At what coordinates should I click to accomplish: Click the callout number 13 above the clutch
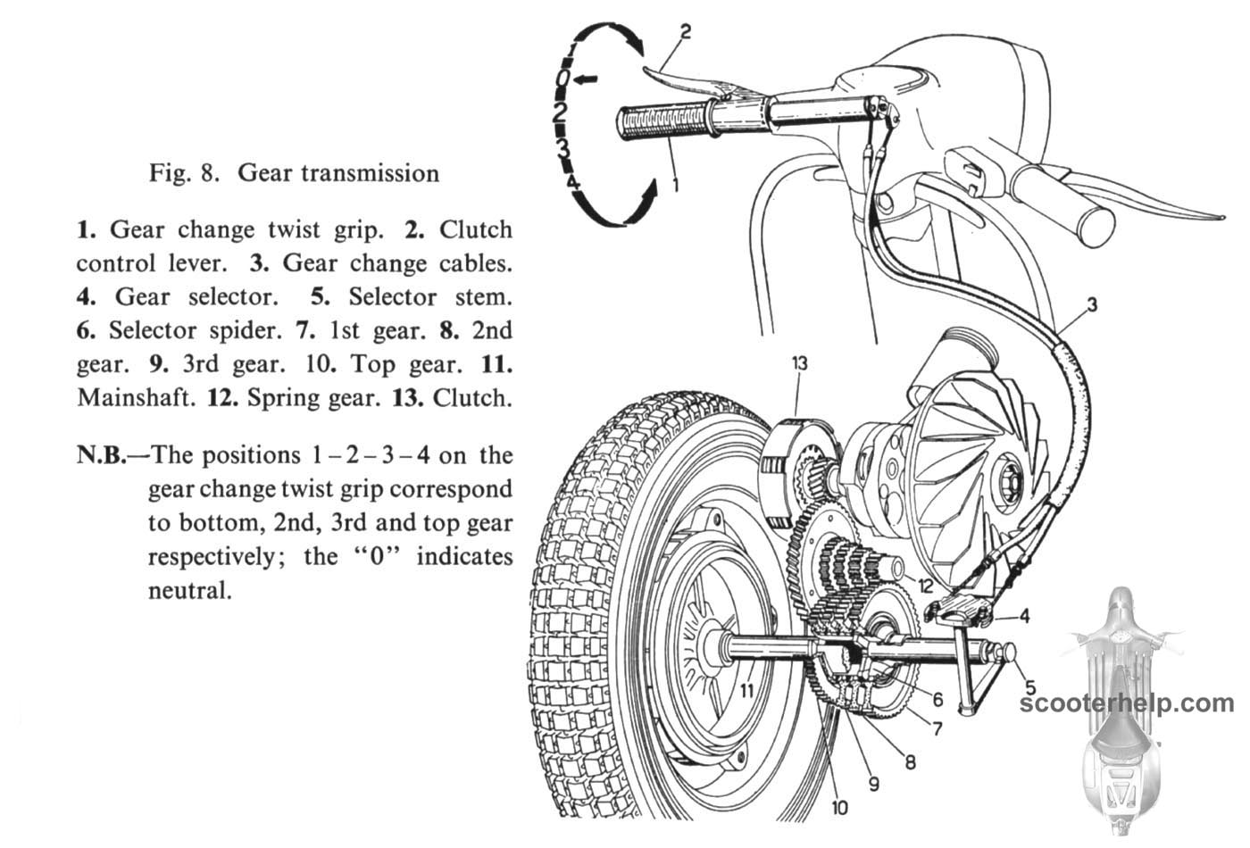pos(799,363)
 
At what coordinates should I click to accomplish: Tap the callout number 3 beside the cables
pos(1092,306)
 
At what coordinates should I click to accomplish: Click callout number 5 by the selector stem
pos(1030,687)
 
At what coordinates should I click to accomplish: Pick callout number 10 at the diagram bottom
pos(839,809)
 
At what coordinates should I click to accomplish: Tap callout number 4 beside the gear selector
pos(1024,616)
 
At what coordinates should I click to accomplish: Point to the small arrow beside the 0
pos(586,80)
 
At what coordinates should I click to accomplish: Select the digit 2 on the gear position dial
pos(561,112)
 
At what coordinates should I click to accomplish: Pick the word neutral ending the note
pos(189,590)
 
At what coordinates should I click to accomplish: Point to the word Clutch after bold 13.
pos(472,397)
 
